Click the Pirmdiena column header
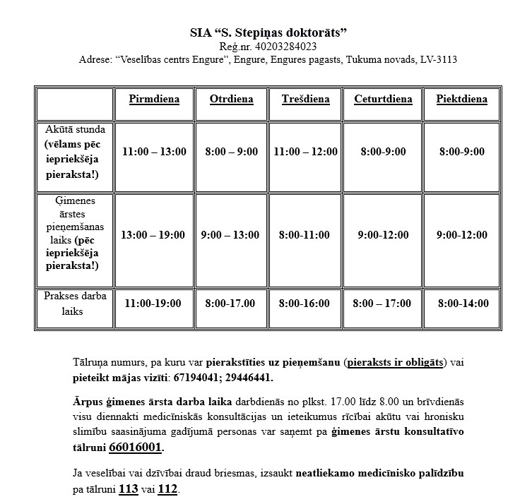[154, 100]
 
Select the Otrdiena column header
[231, 100]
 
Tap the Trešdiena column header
[305, 100]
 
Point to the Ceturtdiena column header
[383, 100]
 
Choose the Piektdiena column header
[461, 100]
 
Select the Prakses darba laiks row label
[75, 304]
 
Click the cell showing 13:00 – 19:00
[154, 235]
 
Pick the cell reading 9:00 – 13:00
[231, 235]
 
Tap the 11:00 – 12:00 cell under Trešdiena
[305, 152]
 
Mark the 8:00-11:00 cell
[305, 235]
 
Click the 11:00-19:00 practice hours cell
[153, 304]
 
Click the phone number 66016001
[136, 448]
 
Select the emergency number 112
[167, 489]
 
